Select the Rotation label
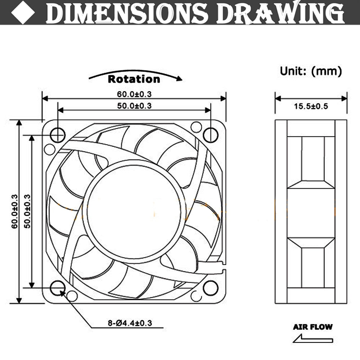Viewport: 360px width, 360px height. [134, 79]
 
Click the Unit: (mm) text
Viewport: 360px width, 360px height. [311, 71]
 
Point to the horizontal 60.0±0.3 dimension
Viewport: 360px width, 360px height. [134, 94]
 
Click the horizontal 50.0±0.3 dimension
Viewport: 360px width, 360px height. [134, 105]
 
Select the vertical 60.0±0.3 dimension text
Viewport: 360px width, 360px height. [14, 212]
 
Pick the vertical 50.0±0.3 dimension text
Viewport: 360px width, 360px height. [27, 212]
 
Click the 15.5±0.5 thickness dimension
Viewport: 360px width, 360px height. [311, 106]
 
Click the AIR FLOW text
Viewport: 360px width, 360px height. [313, 327]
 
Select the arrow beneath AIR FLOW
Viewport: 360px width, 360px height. [312, 339]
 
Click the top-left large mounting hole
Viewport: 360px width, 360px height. [58, 135]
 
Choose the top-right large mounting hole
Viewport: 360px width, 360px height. [211, 135]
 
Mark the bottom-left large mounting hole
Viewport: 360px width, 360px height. [58, 288]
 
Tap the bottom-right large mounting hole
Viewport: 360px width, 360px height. [211, 288]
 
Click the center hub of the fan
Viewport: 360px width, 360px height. [134, 211]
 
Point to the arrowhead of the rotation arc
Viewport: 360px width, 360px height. [179, 79]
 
